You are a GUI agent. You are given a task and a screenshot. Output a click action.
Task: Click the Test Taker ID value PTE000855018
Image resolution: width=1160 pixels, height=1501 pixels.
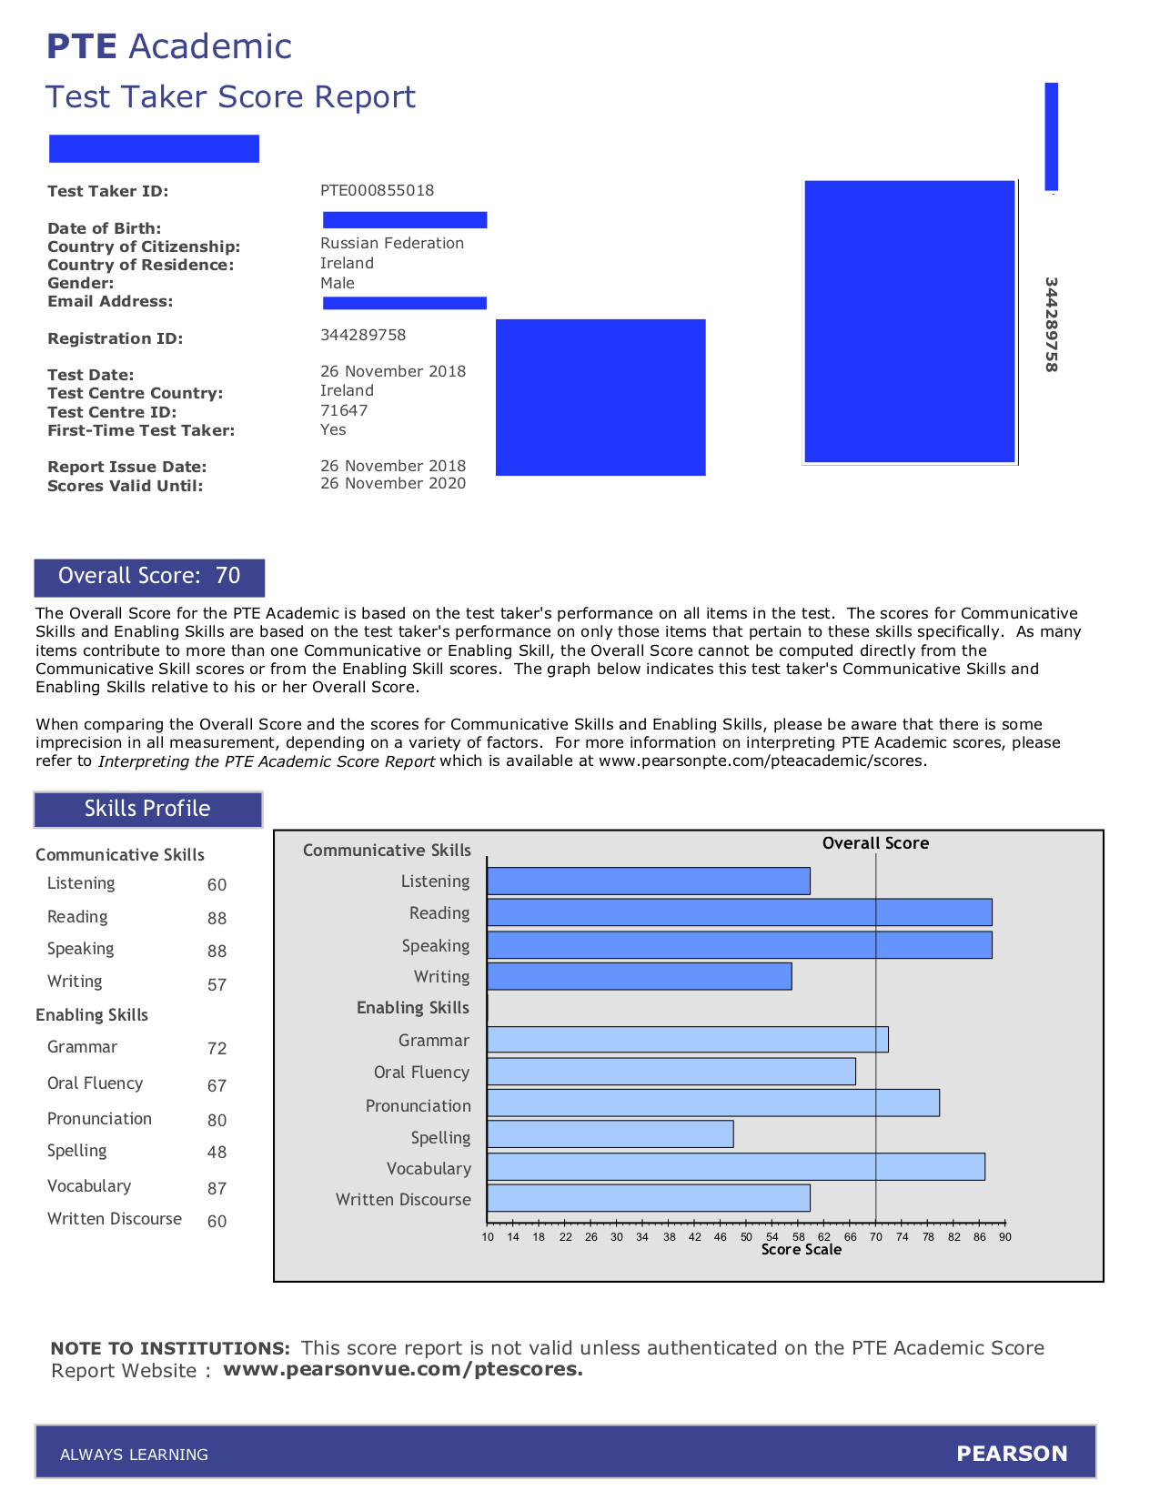(377, 190)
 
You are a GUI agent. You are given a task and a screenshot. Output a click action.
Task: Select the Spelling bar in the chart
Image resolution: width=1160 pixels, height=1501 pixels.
(610, 1134)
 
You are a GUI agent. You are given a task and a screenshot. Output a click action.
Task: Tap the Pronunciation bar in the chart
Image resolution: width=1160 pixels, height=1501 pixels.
(712, 1103)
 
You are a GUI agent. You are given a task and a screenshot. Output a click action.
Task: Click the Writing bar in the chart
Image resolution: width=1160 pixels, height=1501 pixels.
(639, 976)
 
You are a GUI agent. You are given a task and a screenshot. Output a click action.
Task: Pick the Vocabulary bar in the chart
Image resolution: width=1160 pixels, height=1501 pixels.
(735, 1167)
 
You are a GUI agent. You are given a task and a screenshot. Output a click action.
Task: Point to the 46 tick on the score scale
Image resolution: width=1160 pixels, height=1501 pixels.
(721, 1236)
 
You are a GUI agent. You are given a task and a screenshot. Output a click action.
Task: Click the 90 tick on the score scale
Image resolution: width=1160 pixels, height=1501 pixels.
(1004, 1236)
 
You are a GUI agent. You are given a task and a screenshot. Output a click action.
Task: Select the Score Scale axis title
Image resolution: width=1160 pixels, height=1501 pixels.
(801, 1250)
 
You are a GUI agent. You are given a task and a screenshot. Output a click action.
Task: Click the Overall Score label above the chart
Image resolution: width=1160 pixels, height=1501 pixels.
(875, 843)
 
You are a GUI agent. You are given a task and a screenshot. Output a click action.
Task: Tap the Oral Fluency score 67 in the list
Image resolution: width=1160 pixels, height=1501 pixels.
(217, 1085)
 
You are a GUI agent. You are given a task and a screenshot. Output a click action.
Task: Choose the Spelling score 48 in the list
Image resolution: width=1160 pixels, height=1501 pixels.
(217, 1152)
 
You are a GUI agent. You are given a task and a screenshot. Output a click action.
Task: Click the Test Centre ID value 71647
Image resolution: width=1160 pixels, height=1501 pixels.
(344, 410)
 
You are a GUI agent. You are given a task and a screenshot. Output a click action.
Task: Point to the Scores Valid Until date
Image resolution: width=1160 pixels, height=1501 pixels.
(393, 483)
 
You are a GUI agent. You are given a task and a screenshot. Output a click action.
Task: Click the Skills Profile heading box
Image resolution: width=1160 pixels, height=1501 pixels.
(147, 809)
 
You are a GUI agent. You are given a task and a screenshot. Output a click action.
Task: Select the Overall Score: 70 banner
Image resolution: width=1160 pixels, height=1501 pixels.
(149, 577)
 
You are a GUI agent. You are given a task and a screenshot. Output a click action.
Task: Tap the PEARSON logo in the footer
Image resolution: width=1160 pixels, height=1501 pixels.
(1012, 1454)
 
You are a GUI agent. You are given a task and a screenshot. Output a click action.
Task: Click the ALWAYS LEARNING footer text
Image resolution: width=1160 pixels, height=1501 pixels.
(134, 1455)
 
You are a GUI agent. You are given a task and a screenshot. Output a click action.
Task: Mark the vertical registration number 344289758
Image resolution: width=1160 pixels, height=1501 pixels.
(1051, 325)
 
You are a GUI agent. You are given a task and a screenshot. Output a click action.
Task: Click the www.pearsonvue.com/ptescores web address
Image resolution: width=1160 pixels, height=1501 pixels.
(402, 1369)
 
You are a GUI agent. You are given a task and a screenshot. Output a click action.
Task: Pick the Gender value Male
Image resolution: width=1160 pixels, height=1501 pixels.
(338, 283)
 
